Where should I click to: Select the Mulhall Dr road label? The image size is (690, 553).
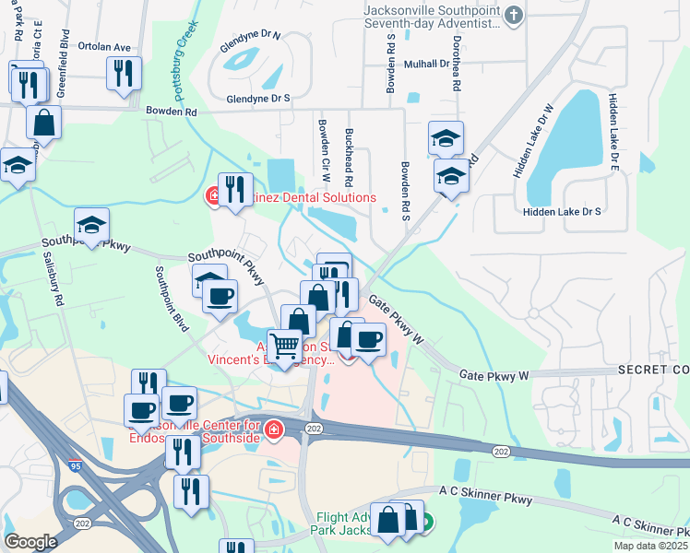[426, 65]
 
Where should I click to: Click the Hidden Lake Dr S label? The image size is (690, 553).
[562, 211]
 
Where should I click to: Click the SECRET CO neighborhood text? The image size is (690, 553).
[654, 370]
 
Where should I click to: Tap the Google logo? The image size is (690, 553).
[30, 541]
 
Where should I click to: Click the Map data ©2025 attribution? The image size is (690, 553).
[650, 546]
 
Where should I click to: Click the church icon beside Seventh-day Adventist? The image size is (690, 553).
[515, 16]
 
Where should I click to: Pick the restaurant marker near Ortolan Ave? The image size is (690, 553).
[124, 73]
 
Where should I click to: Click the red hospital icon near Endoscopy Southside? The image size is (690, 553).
[273, 429]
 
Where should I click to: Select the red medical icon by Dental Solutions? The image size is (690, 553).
[212, 196]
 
